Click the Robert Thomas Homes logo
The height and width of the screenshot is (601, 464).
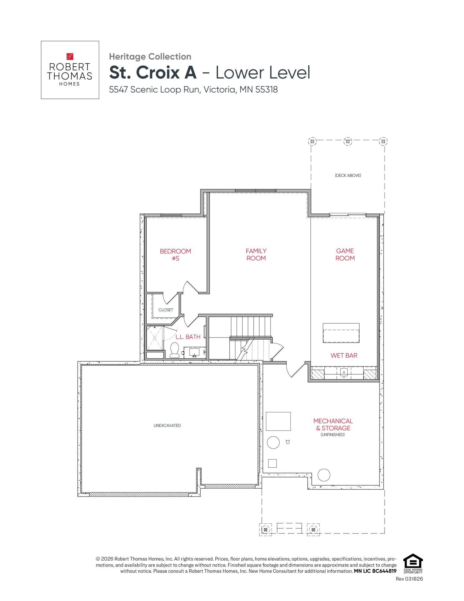tap(70, 70)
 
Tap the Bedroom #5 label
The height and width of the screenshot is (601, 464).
tap(175, 255)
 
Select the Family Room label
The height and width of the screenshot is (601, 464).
tap(256, 254)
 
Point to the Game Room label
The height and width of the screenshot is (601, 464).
tap(345, 254)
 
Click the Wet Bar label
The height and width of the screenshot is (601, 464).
tap(344, 356)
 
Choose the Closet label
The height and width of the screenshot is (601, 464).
tap(166, 310)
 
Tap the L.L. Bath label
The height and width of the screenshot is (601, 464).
tap(188, 337)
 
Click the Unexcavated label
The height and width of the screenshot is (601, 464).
tap(167, 426)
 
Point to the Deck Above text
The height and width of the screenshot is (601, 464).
tap(348, 176)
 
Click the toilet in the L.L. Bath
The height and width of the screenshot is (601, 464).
tap(174, 350)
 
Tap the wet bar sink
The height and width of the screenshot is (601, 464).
tap(344, 372)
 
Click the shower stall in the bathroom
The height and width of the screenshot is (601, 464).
tap(155, 338)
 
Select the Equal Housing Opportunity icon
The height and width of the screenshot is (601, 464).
tap(413, 563)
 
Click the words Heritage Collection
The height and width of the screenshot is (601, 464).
tap(150, 57)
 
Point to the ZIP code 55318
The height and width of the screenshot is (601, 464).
tap(267, 90)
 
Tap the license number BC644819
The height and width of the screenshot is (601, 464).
tap(384, 571)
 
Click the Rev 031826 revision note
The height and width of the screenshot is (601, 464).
tap(409, 579)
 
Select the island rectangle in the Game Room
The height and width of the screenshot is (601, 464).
tap(341, 333)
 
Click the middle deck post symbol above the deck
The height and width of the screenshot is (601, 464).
tap(348, 141)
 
